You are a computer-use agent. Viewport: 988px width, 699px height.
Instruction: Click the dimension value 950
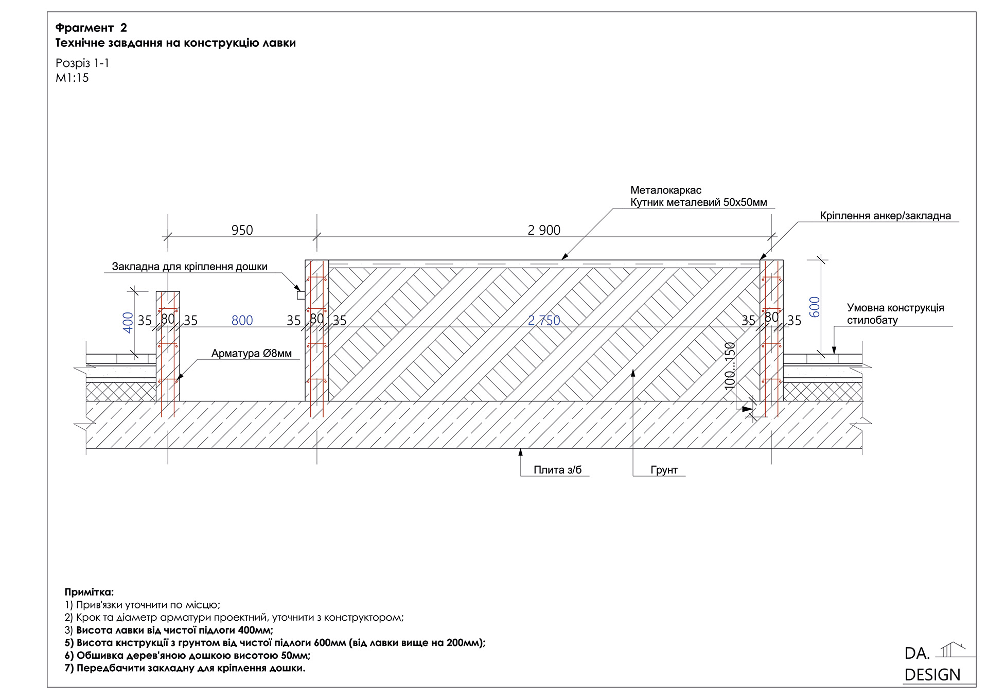click(x=242, y=230)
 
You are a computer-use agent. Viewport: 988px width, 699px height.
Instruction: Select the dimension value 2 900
click(x=544, y=230)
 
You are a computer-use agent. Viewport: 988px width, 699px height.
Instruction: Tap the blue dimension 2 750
click(x=544, y=321)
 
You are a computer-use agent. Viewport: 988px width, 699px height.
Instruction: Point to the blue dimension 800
click(x=242, y=321)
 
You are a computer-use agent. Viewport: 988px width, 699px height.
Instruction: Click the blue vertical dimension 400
click(x=128, y=322)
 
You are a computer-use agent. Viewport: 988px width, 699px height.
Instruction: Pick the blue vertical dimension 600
click(x=814, y=307)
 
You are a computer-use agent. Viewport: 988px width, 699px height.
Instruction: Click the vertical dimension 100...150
click(x=730, y=366)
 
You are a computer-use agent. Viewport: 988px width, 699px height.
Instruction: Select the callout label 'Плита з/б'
click(x=557, y=469)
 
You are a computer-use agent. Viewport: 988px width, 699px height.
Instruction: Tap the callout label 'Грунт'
click(x=664, y=469)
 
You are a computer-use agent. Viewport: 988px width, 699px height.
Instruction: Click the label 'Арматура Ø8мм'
click(x=251, y=353)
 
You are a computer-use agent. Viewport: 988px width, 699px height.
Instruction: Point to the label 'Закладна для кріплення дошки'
click(x=189, y=267)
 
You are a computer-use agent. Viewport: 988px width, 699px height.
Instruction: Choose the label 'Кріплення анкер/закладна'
click(x=885, y=216)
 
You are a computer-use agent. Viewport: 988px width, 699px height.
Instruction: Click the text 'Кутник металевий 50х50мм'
click(x=698, y=202)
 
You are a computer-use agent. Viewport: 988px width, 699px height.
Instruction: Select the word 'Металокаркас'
click(x=665, y=190)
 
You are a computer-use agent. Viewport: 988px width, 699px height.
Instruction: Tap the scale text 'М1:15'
click(x=72, y=78)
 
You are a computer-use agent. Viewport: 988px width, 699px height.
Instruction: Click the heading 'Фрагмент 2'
click(x=91, y=28)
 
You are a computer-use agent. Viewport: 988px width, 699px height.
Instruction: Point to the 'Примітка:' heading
click(x=89, y=592)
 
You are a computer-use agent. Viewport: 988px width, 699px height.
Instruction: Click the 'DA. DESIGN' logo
click(x=932, y=664)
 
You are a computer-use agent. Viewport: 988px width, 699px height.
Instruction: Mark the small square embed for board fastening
click(x=301, y=295)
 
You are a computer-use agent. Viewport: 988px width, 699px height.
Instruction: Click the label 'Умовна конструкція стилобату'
click(x=895, y=314)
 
